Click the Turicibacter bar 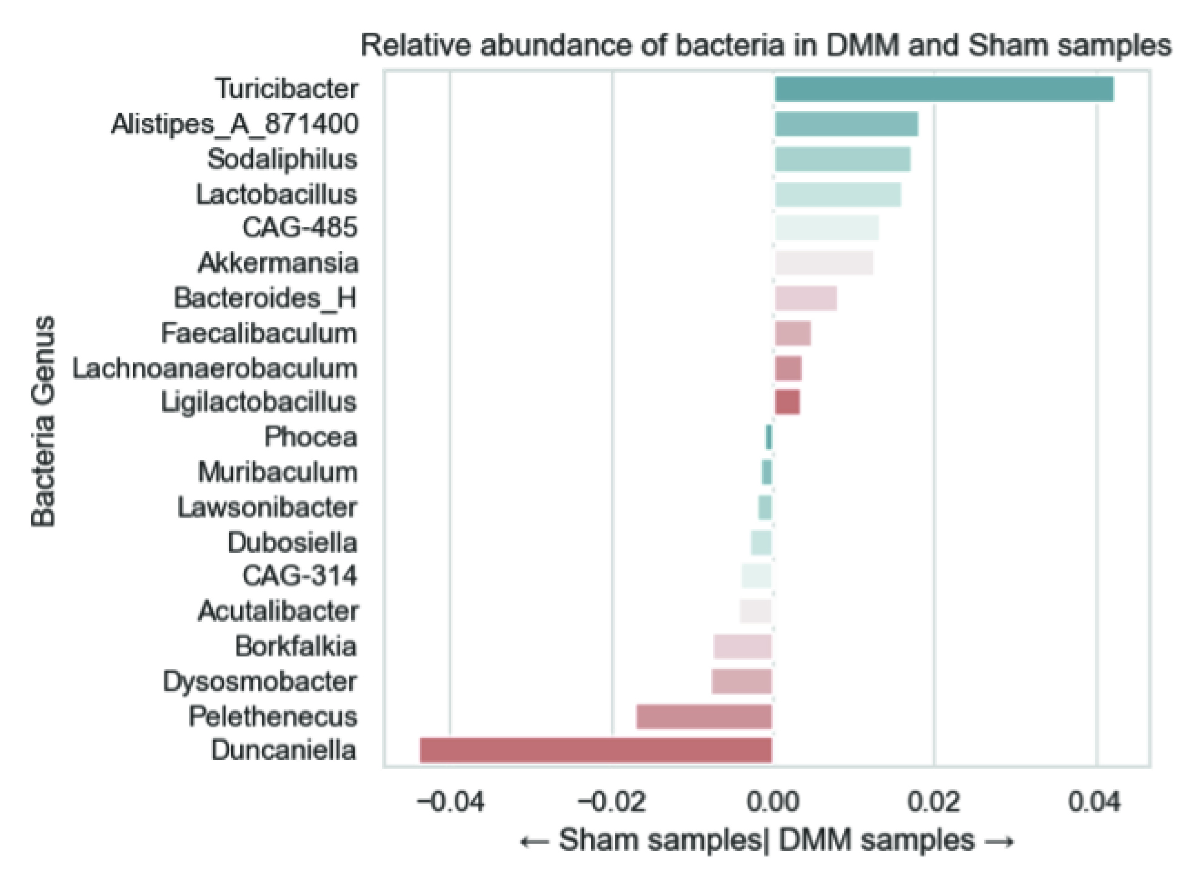[943, 89]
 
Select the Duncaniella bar [596, 750]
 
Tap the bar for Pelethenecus [704, 716]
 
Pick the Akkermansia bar [824, 263]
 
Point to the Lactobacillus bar [838, 195]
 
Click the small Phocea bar [769, 437]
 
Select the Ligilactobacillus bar [787, 402]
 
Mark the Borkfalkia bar [743, 646]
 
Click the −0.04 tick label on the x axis [451, 803]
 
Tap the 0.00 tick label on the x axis [773, 803]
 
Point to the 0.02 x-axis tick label [934, 803]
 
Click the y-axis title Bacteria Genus [44, 421]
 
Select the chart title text [766, 46]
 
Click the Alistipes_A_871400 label [235, 124]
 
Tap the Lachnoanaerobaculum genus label [215, 369]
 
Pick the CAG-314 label [300, 576]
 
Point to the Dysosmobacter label [260, 681]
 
